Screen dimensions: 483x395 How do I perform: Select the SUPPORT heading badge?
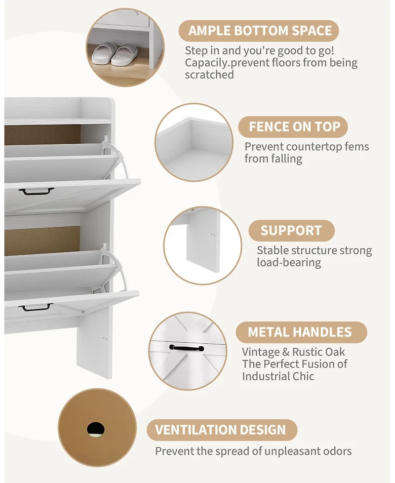coord(291,230)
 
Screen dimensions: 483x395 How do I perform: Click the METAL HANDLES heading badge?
coord(301,332)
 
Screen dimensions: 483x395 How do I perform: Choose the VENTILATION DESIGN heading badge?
coord(222,430)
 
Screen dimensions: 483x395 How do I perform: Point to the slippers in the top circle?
coord(113,53)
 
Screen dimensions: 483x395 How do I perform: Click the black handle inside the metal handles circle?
coord(187,348)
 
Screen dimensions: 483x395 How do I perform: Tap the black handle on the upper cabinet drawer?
coord(37,191)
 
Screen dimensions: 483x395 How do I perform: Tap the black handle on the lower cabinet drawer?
coord(36,307)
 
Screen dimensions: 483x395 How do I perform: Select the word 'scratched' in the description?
coord(209,75)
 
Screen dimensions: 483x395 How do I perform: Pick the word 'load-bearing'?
coord(289,262)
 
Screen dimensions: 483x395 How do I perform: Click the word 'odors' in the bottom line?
coord(337,451)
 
